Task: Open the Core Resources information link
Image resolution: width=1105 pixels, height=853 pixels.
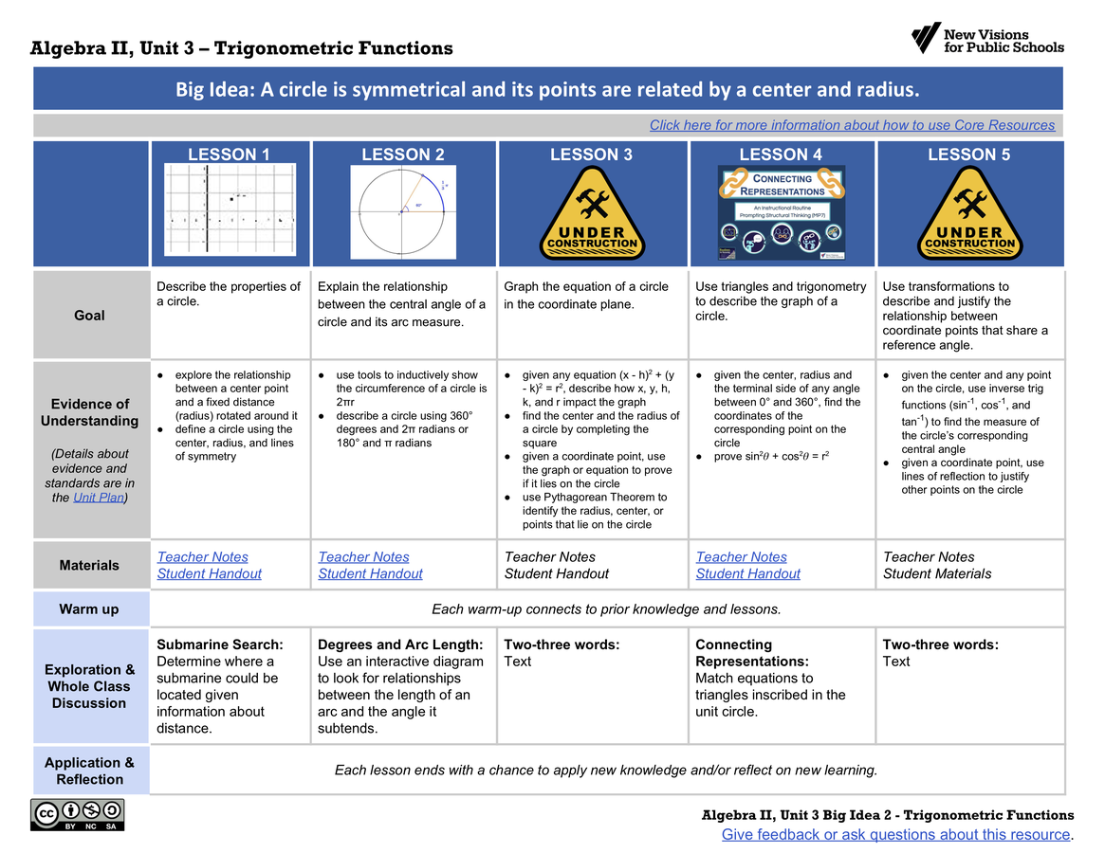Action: click(852, 125)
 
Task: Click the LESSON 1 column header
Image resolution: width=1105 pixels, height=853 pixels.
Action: click(229, 154)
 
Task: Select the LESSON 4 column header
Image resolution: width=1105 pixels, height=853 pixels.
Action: click(781, 154)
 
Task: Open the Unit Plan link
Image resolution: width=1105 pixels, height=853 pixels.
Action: click(98, 498)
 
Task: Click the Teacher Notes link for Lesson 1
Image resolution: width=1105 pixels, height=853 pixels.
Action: click(202, 557)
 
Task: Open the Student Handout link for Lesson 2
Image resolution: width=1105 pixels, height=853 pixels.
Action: click(370, 573)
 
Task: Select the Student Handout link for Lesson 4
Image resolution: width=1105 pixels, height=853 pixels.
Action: click(747, 573)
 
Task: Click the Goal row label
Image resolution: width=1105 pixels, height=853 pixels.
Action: click(89, 315)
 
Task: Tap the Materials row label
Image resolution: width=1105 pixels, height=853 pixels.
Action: click(89, 565)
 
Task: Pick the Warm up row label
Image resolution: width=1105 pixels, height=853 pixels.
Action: click(89, 609)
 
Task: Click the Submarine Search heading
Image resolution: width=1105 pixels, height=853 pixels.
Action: click(219, 644)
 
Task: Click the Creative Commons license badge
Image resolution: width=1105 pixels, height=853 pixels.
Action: click(77, 815)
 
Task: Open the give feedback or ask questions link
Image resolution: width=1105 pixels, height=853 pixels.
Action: click(895, 834)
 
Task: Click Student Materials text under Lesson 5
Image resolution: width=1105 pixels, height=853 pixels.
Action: click(937, 573)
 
